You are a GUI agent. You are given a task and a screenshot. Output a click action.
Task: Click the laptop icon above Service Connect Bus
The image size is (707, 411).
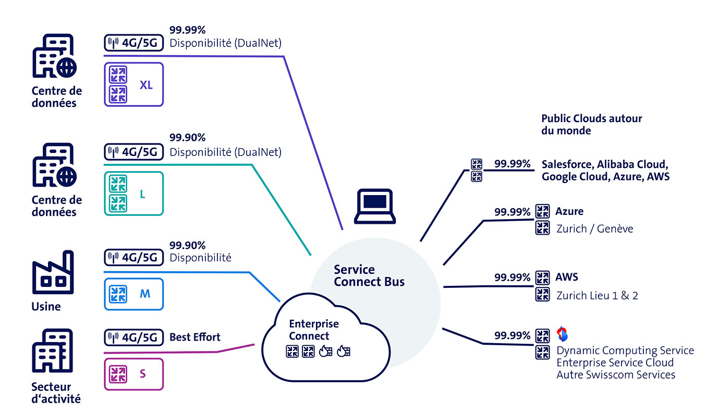click(x=372, y=205)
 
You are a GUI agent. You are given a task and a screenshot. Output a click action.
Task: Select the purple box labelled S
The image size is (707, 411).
click(x=134, y=374)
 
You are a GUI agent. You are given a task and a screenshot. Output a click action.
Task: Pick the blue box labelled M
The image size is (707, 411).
click(x=134, y=294)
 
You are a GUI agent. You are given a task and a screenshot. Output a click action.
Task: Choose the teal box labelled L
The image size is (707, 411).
click(x=134, y=194)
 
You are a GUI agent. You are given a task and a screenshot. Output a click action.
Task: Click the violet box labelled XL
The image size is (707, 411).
click(x=134, y=84)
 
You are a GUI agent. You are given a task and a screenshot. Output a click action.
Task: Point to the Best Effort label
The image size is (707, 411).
click(x=194, y=337)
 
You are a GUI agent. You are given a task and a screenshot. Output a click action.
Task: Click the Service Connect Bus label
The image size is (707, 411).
click(x=369, y=276)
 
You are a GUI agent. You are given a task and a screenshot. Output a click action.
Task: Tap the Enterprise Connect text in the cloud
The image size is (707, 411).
click(x=313, y=330)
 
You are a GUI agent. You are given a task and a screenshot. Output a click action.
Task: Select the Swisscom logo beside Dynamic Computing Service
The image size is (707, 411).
click(x=562, y=333)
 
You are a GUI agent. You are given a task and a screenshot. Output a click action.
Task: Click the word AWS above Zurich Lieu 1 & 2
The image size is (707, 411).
click(x=566, y=277)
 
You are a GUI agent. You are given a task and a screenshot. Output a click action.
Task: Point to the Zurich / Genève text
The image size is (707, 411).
click(x=594, y=228)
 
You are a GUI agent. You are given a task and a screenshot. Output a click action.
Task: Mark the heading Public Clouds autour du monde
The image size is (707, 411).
click(x=591, y=125)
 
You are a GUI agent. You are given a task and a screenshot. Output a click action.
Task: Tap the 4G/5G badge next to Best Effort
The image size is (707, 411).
click(x=133, y=337)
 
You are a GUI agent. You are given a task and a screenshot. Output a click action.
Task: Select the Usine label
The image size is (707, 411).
click(x=46, y=307)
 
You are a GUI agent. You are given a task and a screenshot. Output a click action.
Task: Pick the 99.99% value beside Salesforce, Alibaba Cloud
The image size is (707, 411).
click(x=511, y=163)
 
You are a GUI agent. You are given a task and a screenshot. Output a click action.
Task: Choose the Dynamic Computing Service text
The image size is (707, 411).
click(x=625, y=350)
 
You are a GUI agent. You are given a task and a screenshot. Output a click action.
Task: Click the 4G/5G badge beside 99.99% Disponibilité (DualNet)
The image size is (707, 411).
click(x=133, y=43)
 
